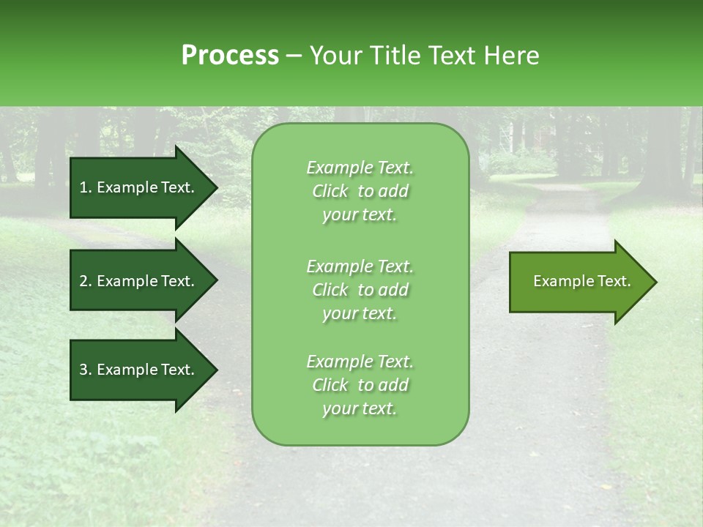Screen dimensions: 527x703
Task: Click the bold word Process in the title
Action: pyautogui.click(x=230, y=56)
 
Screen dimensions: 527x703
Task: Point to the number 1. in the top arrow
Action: pyautogui.click(x=86, y=187)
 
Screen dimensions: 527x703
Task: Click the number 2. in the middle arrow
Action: pyautogui.click(x=86, y=281)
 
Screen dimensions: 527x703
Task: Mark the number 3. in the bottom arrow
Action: pyautogui.click(x=86, y=370)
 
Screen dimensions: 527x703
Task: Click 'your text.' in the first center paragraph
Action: pyautogui.click(x=360, y=215)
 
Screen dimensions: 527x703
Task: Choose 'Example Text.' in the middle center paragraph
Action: pyautogui.click(x=360, y=266)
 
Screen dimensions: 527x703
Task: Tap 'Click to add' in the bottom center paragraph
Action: pyautogui.click(x=360, y=385)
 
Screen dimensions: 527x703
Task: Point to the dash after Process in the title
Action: pyautogui.click(x=294, y=56)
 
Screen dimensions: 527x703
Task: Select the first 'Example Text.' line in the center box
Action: pyautogui.click(x=360, y=168)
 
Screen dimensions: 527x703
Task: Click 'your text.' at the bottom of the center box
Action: pyautogui.click(x=360, y=409)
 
